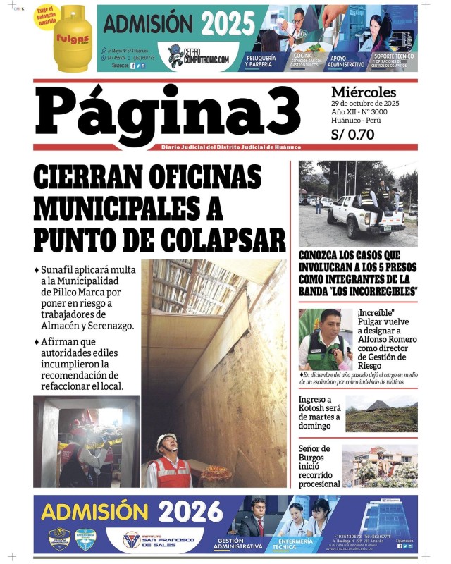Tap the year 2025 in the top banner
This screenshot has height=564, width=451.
pos(227,24)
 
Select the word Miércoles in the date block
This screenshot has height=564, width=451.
pos(363,92)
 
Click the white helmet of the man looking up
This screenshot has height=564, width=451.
pos(166,443)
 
